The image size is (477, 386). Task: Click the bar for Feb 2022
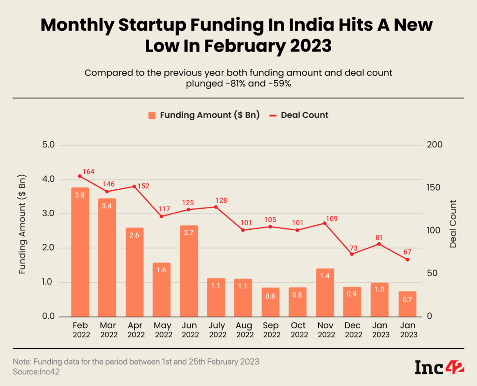(80, 252)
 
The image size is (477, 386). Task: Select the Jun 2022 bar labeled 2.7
(189, 271)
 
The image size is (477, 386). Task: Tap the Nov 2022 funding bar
(325, 292)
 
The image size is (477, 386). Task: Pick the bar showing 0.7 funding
(408, 303)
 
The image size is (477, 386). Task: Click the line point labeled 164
(80, 176)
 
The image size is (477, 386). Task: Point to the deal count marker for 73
(352, 254)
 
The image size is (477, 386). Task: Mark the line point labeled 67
(408, 259)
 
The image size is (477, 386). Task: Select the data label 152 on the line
(143, 186)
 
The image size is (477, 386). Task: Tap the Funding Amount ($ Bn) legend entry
(204, 115)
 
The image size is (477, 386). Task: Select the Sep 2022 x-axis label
(271, 330)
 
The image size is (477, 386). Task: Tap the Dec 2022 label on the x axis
(353, 330)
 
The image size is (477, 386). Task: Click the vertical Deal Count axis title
(453, 224)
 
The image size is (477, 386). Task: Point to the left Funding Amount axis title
(22, 224)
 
